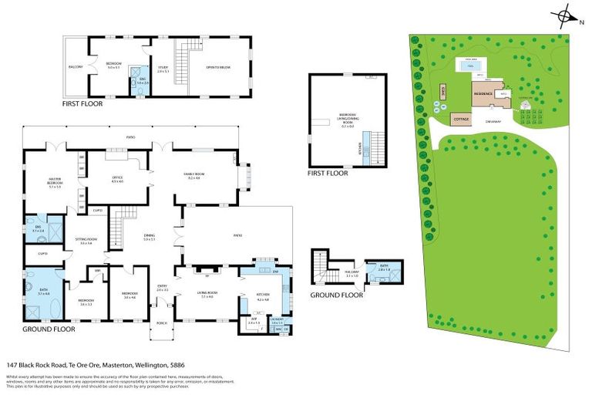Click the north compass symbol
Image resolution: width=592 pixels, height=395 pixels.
click(x=566, y=16)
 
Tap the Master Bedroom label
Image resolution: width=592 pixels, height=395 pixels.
click(x=55, y=183)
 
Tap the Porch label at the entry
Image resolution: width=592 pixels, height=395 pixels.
click(x=161, y=323)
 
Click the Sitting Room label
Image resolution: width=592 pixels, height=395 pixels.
click(x=86, y=241)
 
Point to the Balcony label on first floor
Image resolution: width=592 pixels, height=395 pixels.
click(x=74, y=66)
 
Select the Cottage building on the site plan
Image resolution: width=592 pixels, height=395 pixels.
click(x=462, y=120)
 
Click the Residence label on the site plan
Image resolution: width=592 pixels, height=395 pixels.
click(x=483, y=93)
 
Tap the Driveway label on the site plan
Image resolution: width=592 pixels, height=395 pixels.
click(x=493, y=121)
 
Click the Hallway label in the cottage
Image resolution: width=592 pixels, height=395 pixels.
click(x=331, y=275)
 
